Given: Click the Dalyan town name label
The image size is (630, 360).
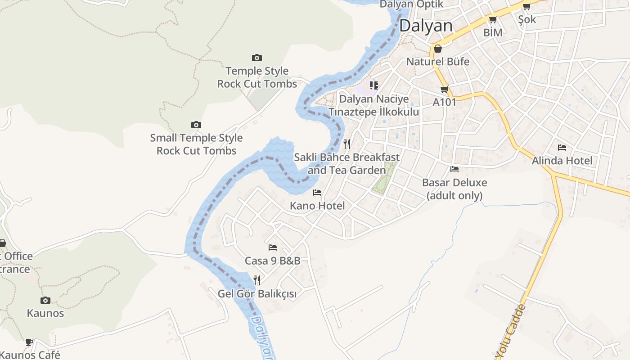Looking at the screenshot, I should click(426, 26).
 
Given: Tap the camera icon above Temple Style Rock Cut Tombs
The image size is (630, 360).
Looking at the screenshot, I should click(257, 58).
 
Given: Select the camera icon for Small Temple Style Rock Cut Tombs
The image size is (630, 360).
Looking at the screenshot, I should click(196, 125).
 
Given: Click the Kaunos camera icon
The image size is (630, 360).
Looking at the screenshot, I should click(45, 300).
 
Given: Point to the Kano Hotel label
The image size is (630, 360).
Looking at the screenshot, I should click(317, 206).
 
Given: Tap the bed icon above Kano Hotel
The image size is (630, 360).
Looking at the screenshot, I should click(317, 193).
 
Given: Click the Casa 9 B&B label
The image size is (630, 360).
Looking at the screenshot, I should click(272, 261).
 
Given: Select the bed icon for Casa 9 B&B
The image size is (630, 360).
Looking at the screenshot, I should click(272, 247).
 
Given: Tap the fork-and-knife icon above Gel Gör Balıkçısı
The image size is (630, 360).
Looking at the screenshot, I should click(257, 280).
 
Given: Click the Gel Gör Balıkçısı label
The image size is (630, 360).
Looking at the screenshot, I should click(257, 294).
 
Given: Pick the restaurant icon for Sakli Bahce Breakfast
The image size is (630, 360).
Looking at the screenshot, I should click(347, 144).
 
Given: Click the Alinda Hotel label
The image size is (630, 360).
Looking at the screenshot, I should click(562, 161).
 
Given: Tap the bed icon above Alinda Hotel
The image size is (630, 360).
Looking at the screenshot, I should click(562, 147).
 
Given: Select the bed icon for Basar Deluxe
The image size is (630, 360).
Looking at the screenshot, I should click(454, 169).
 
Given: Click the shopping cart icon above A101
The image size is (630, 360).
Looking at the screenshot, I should click(445, 89).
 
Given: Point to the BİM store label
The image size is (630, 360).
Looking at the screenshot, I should click(493, 32).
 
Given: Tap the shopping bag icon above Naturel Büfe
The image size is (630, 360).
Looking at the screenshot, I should click(438, 49).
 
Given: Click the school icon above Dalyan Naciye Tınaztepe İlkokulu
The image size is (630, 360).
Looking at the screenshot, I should click(373, 85).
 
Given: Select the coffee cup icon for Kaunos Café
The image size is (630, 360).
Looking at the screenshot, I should click(29, 342).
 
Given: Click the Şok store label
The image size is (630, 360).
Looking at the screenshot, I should click(527, 19).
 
